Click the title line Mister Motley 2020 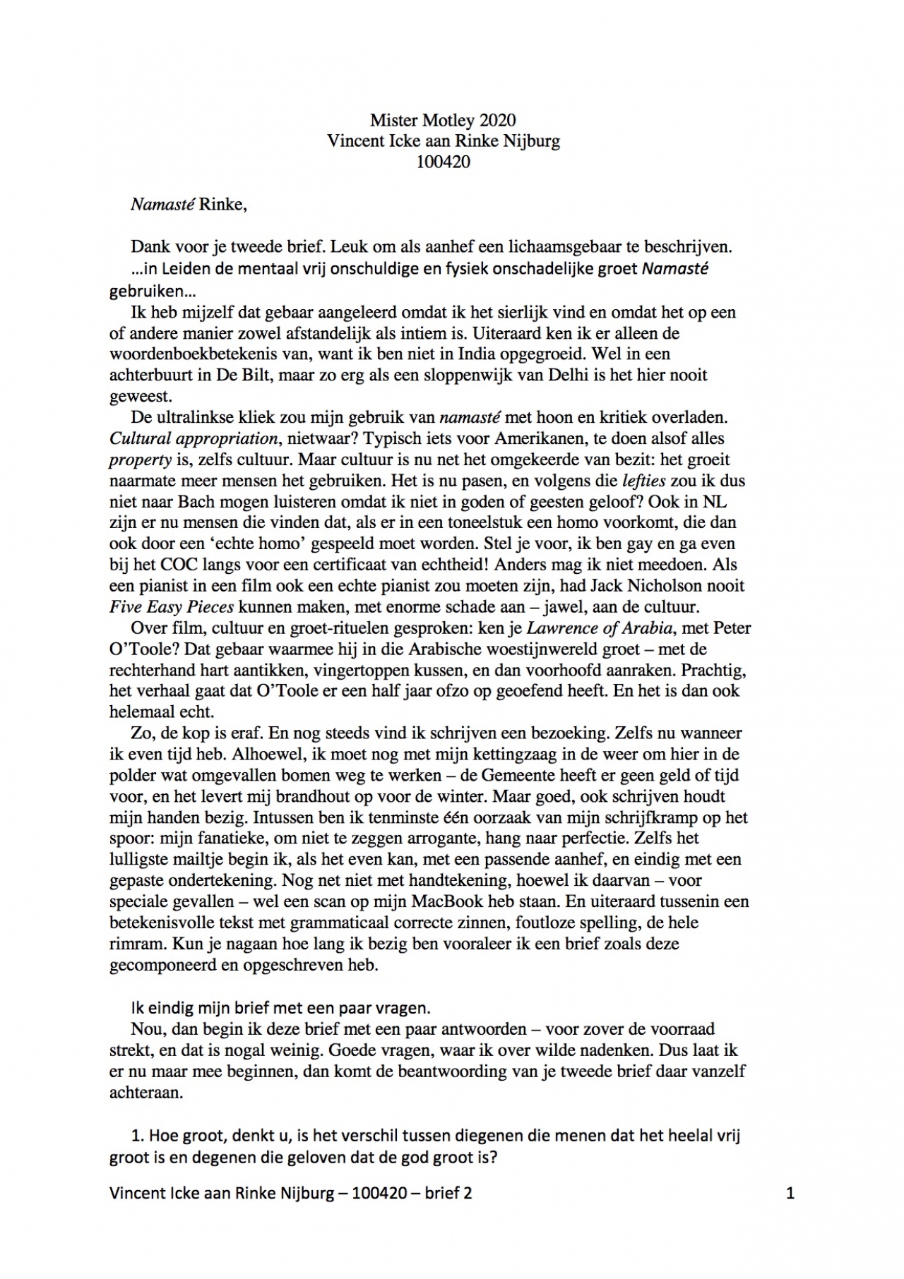tap(443, 120)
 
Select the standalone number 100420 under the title tap(443, 162)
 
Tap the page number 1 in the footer tap(790, 1194)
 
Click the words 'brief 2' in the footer tap(448, 1194)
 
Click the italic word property tap(140, 460)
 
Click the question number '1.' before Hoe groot tap(138, 1136)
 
